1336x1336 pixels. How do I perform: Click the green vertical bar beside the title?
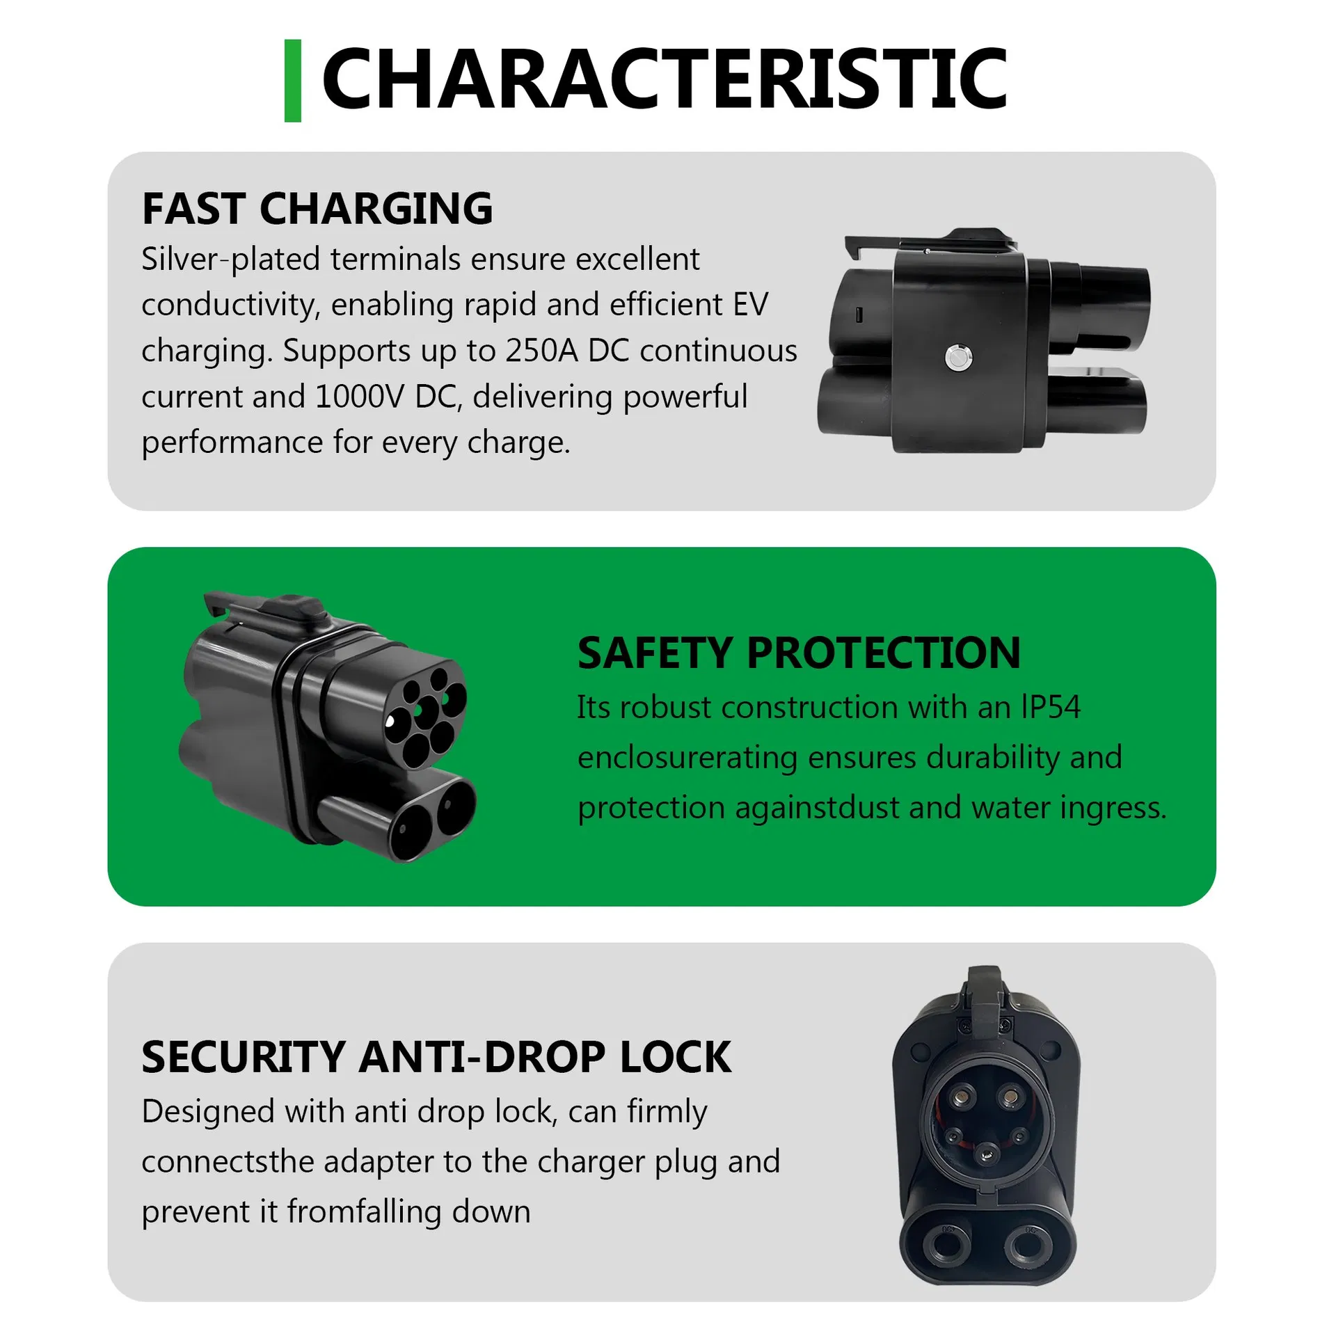point(293,81)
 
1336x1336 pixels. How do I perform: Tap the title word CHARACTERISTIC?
point(664,79)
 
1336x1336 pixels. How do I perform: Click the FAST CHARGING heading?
point(317,209)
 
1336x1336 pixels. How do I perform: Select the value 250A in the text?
point(541,351)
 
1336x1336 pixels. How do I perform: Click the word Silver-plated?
point(230,260)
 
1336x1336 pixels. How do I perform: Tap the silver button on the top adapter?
point(959,358)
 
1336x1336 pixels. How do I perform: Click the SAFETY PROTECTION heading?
point(799,653)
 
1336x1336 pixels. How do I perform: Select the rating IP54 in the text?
point(1050,708)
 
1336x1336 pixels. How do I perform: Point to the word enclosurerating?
point(687,758)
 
